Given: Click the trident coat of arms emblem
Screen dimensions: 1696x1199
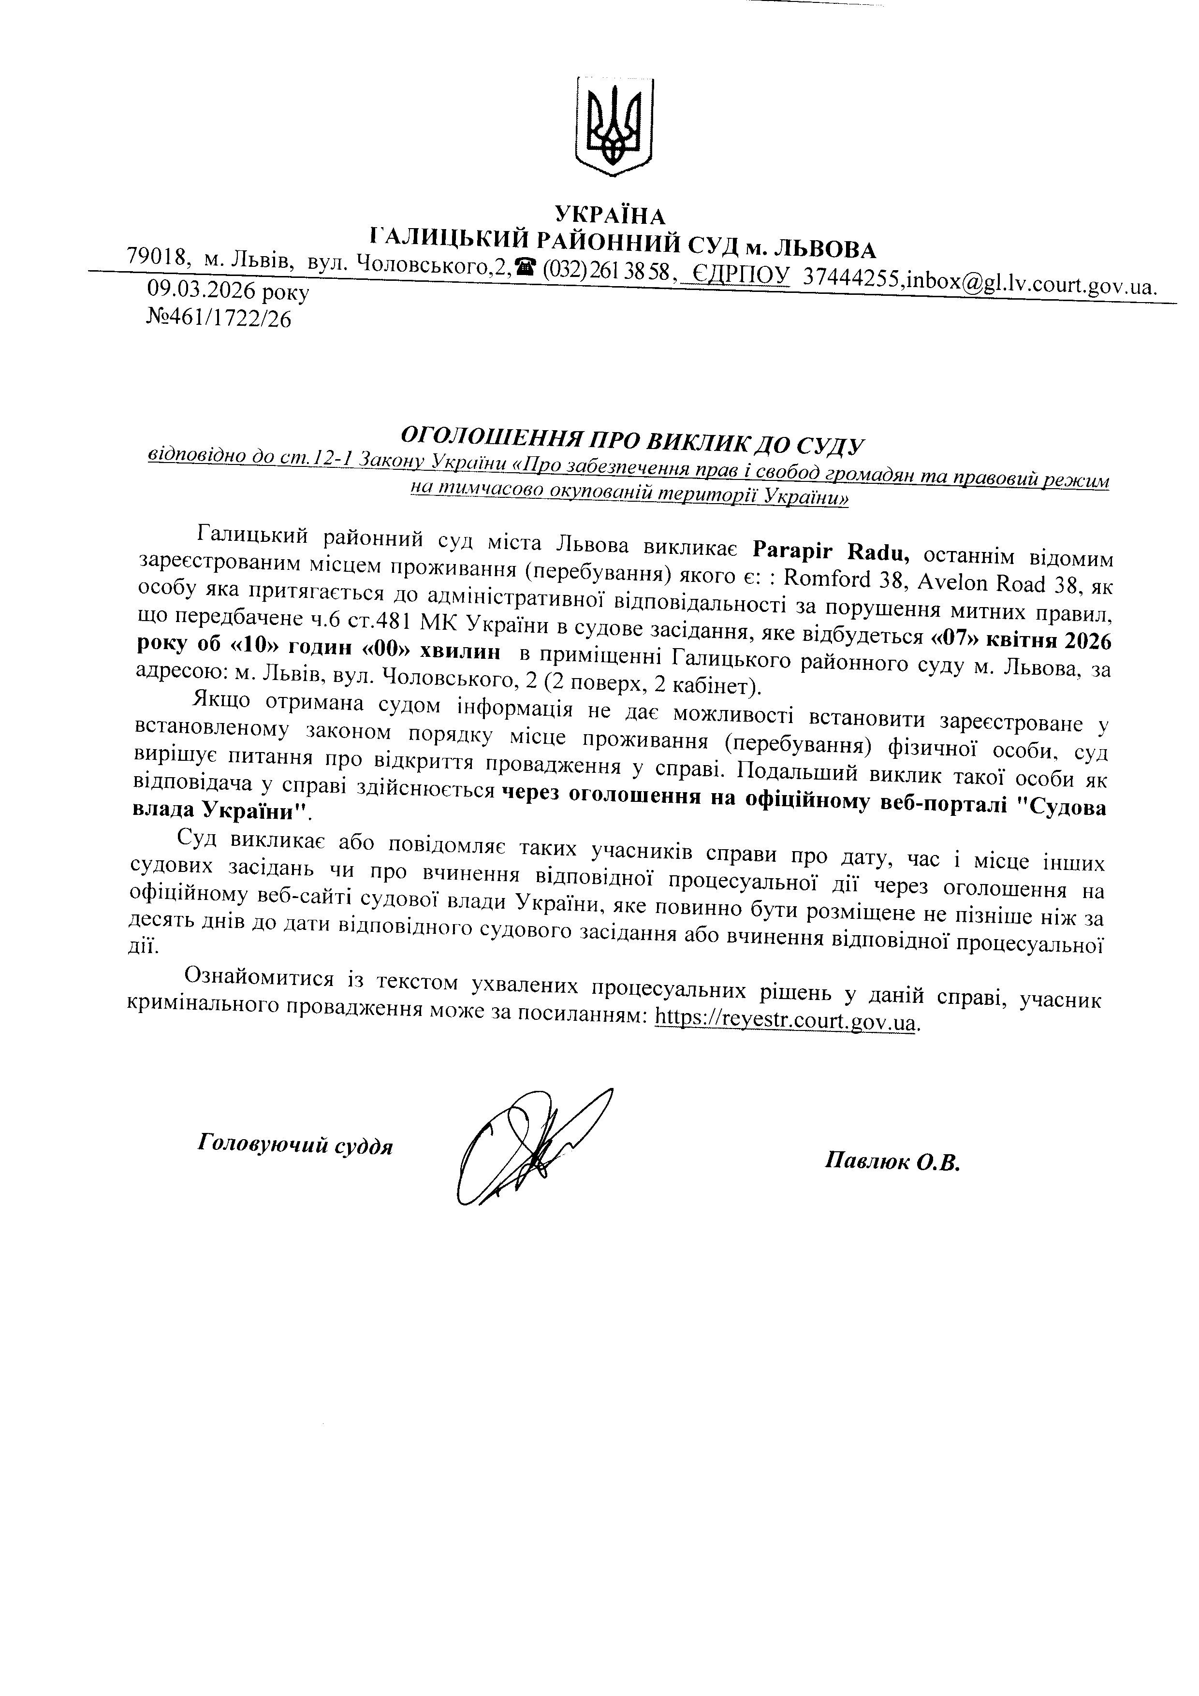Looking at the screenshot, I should coord(613,126).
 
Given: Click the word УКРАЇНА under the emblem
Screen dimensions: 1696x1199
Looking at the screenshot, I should coord(610,216).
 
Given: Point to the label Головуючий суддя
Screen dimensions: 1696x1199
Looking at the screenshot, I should coord(295,1145).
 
